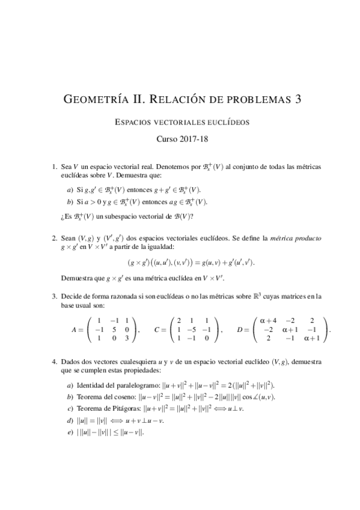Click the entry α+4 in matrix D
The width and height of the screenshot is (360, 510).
point(267,321)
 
